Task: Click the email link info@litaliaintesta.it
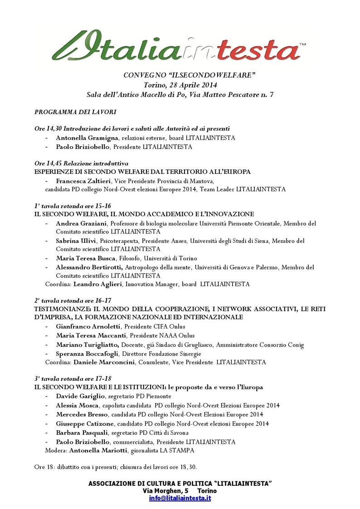click(180, 498)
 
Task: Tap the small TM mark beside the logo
click(302, 44)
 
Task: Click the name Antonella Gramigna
click(85, 137)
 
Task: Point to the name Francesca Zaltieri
click(83, 181)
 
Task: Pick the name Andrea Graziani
click(81, 223)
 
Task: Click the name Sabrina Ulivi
click(76, 241)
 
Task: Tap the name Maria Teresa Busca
click(84, 258)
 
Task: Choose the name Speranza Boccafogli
click(88, 354)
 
